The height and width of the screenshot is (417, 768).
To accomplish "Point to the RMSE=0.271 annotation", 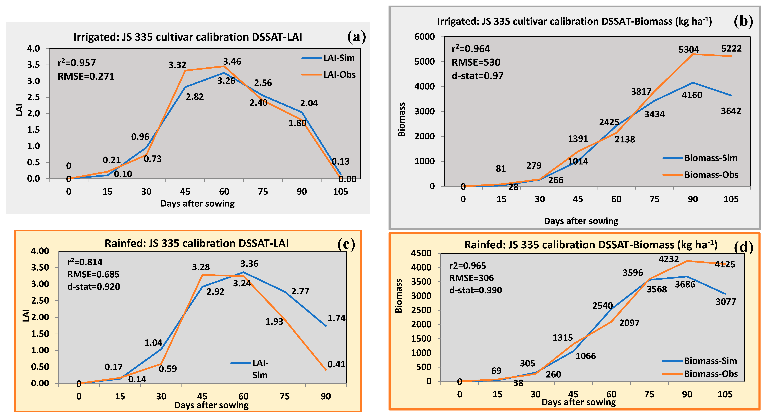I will (86, 77).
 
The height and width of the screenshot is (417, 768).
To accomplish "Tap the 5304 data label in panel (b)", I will (689, 49).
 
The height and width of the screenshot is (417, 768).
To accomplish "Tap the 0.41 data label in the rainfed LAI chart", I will (336, 364).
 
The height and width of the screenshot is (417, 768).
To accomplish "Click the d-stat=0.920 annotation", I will (94, 287).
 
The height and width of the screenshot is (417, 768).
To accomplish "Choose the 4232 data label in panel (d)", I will (669, 259).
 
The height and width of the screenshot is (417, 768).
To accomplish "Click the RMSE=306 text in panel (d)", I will (471, 278).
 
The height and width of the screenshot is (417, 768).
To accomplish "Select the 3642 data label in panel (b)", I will (731, 111).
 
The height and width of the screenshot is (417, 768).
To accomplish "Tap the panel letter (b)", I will (743, 21).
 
